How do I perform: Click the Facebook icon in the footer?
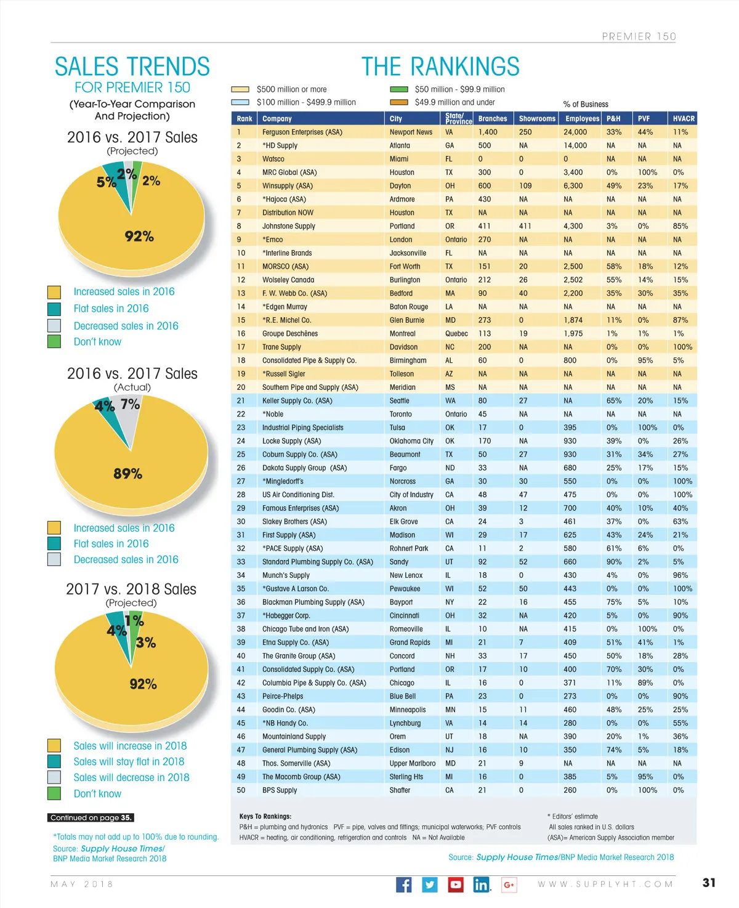403,885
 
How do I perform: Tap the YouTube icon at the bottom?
456,885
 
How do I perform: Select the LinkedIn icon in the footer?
482,885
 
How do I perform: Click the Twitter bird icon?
430,885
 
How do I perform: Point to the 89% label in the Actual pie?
127,474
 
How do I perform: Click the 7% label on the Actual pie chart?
130,404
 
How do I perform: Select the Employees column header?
582,118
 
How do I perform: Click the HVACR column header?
684,118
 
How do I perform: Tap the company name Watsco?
273,159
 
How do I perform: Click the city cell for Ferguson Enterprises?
411,132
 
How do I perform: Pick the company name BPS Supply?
280,790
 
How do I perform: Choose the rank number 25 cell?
241,455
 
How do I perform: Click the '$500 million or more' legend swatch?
240,89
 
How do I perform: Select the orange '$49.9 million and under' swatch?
399,102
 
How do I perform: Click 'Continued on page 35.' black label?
91,818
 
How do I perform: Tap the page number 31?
709,883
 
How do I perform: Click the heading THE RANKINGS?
440,67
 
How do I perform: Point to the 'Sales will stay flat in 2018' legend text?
129,762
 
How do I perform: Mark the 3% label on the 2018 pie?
146,643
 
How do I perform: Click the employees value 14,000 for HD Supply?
575,145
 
